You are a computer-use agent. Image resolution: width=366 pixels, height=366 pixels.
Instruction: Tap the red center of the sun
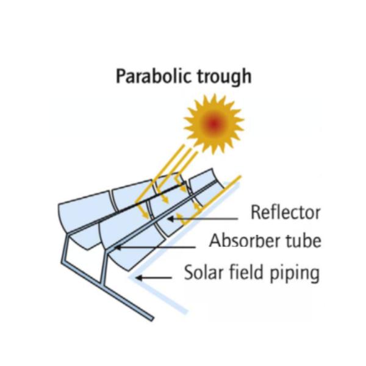(213, 124)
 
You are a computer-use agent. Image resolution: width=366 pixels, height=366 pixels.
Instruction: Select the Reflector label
(285, 212)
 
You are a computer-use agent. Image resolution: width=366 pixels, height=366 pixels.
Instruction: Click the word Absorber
(244, 241)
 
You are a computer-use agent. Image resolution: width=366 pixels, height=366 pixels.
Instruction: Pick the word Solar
(204, 272)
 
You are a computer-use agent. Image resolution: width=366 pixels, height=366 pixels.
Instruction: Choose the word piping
(295, 273)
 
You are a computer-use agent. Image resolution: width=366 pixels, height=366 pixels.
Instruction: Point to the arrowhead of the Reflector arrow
(171, 219)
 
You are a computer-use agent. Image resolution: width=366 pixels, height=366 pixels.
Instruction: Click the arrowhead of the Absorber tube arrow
(118, 247)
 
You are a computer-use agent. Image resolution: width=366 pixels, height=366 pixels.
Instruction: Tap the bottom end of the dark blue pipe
(151, 319)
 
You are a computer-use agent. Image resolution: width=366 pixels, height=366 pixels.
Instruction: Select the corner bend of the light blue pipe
(131, 278)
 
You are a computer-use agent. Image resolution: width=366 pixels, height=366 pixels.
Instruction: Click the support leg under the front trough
(104, 266)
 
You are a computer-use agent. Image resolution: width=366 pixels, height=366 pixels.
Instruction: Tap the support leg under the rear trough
(65, 249)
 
